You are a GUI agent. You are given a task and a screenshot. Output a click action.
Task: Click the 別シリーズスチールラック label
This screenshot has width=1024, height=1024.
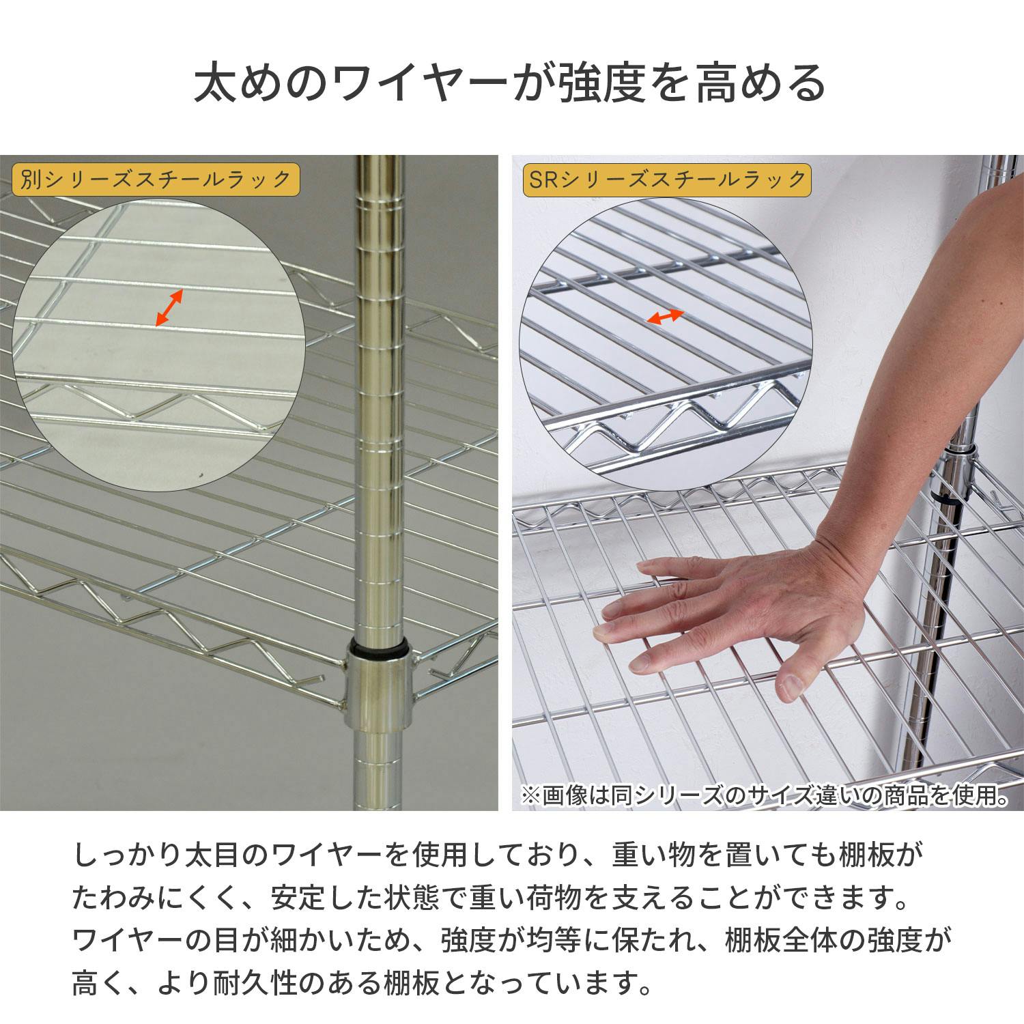(155, 180)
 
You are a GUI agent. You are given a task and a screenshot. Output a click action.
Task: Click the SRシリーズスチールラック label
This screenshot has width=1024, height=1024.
(666, 180)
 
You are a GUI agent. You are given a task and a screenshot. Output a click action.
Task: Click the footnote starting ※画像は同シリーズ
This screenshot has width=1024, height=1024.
(763, 795)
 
